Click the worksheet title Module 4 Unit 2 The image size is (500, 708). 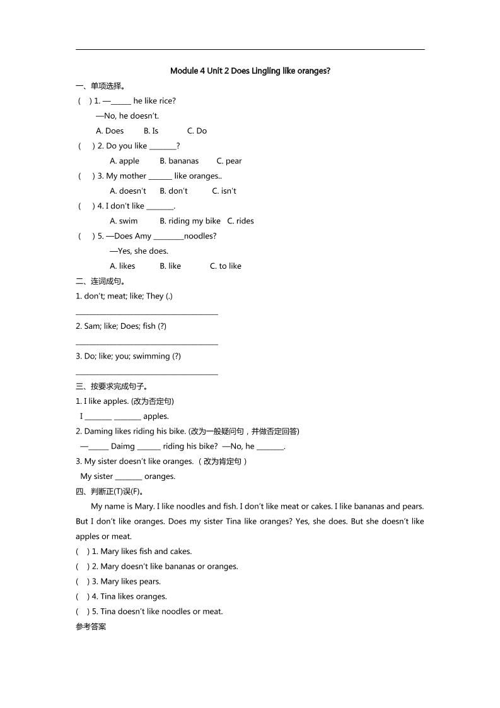pos(250,71)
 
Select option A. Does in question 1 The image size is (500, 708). pos(110,131)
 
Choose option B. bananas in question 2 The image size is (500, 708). pos(178,161)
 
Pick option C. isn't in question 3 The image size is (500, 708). pos(224,191)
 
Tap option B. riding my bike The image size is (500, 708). pos(190,221)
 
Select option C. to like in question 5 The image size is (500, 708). pos(225,266)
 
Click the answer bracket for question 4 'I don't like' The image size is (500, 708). pos(84,206)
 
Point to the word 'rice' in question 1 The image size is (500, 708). pos(168,101)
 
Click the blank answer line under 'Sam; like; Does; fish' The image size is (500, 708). pos(146,343)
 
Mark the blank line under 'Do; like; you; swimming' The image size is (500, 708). pos(146,374)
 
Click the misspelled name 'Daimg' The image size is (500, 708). pos(123,447)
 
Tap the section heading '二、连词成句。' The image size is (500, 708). pos(100,281)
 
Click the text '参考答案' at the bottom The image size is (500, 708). pos(91,627)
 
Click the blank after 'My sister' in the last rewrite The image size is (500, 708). pos(129,477)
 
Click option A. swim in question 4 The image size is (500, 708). pos(124,221)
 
